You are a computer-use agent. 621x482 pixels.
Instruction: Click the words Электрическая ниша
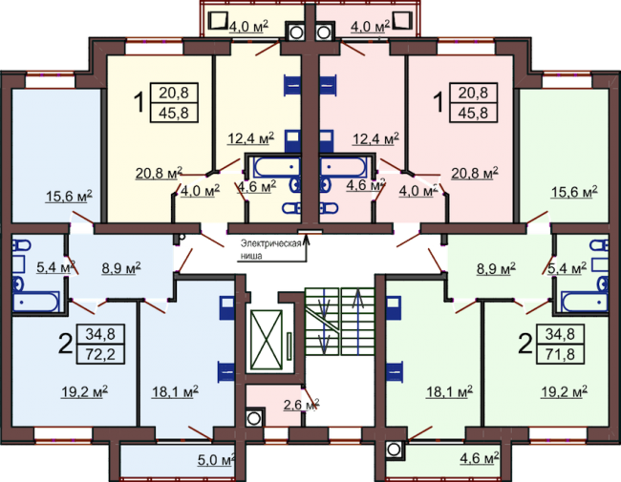pos(271,249)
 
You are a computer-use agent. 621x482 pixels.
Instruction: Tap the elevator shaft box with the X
pos(267,340)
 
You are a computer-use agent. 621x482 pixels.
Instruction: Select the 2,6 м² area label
pos(301,405)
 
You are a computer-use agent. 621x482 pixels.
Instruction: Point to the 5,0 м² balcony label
pos(216,460)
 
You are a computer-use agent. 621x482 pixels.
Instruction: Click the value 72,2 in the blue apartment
pos(100,354)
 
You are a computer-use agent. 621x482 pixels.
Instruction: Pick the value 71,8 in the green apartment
pos(560,354)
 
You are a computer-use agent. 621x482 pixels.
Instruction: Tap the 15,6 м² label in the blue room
pos(69,196)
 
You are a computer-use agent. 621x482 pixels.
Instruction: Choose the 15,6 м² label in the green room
pos(574,193)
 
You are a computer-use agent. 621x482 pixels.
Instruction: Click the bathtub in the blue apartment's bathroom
pos(36,302)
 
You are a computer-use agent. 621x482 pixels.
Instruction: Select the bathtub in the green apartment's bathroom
pos(585,302)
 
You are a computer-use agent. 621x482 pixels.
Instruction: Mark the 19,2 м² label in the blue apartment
pos(84,391)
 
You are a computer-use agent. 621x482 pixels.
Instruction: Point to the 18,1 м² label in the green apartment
pos(449,391)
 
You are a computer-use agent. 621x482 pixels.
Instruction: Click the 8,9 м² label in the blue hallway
pos(121,268)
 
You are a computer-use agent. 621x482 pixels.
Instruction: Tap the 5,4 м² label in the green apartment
pos(567,268)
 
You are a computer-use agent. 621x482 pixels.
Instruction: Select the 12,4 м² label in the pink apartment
pos(375,138)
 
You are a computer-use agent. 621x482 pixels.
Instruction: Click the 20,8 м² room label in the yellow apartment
pos(159,173)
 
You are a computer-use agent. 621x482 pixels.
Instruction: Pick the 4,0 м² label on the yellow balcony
pos(248,26)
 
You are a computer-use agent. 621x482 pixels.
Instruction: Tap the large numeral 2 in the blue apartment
pos(66,344)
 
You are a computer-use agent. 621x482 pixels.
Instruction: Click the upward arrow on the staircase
pos(358,321)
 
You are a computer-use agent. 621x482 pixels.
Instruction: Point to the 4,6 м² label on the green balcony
pos(480,458)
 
